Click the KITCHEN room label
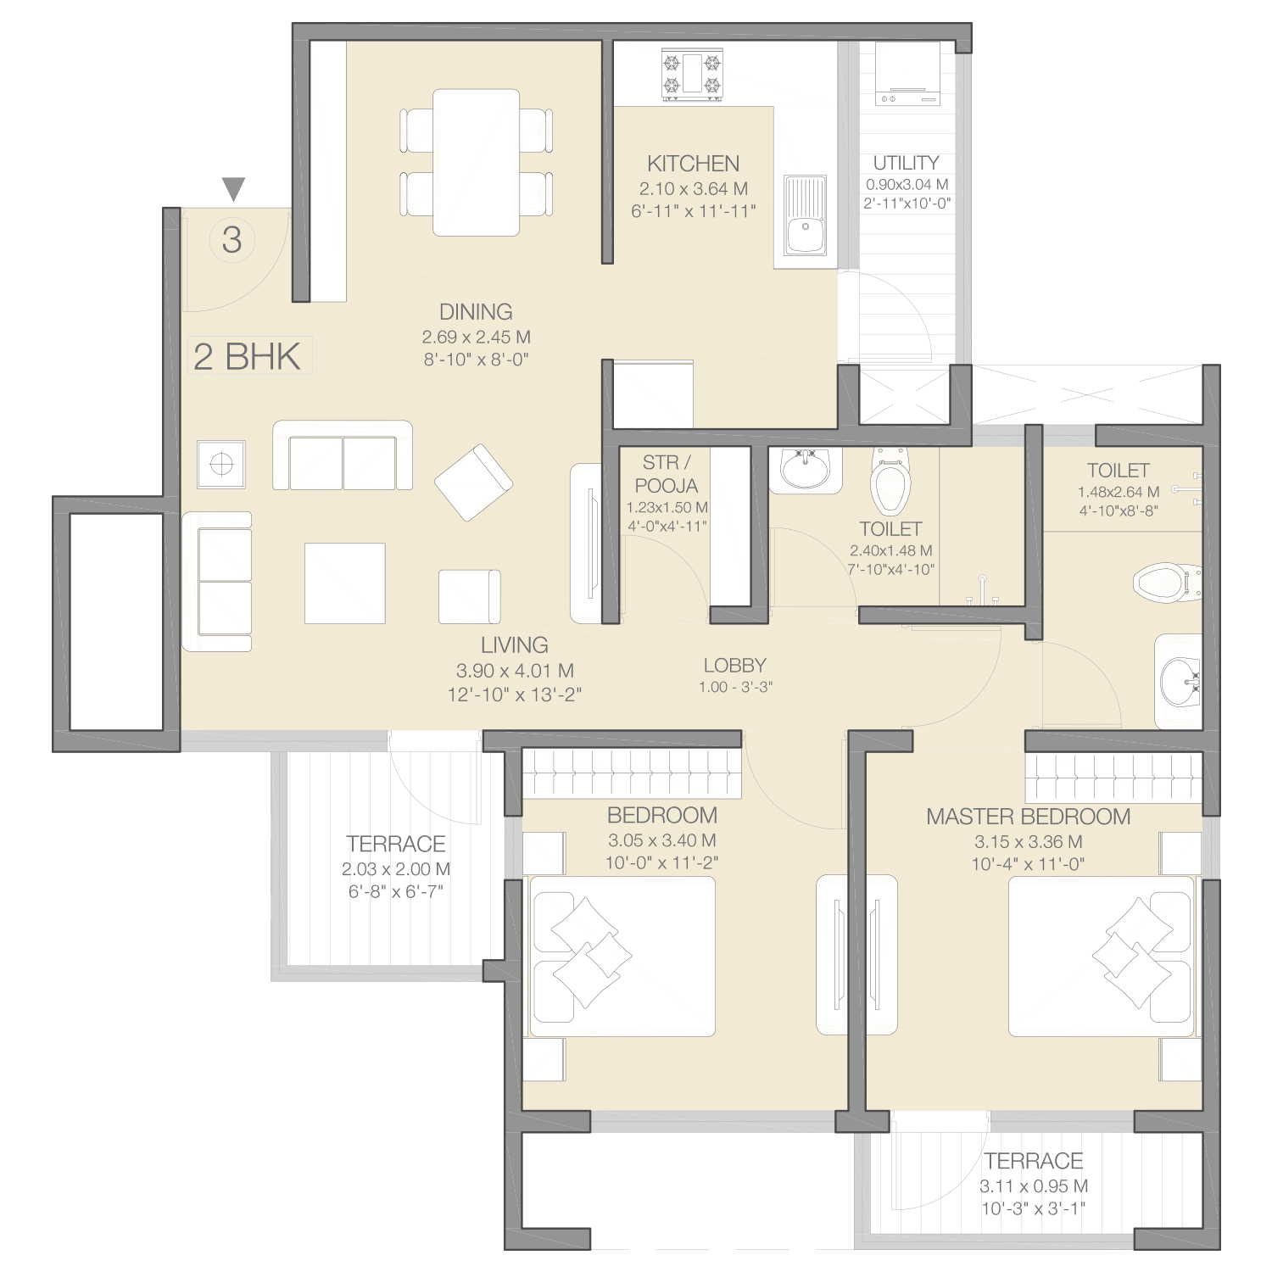tap(693, 164)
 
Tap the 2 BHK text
tap(247, 356)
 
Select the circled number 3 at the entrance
tap(232, 240)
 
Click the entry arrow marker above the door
tap(233, 188)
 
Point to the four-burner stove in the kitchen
tap(692, 75)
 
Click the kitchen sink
tap(805, 216)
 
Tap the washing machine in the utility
tap(907, 74)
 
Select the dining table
tap(476, 162)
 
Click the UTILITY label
tap(906, 163)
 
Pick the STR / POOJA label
tap(667, 474)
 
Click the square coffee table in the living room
tap(345, 583)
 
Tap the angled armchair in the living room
tap(473, 482)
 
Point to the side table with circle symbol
tap(221, 464)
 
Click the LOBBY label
tap(734, 666)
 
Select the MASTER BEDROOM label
tap(1028, 817)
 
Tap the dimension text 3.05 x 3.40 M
tap(662, 840)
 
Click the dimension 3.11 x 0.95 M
tap(1034, 1186)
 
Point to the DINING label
tap(476, 312)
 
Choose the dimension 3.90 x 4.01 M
tap(515, 671)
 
